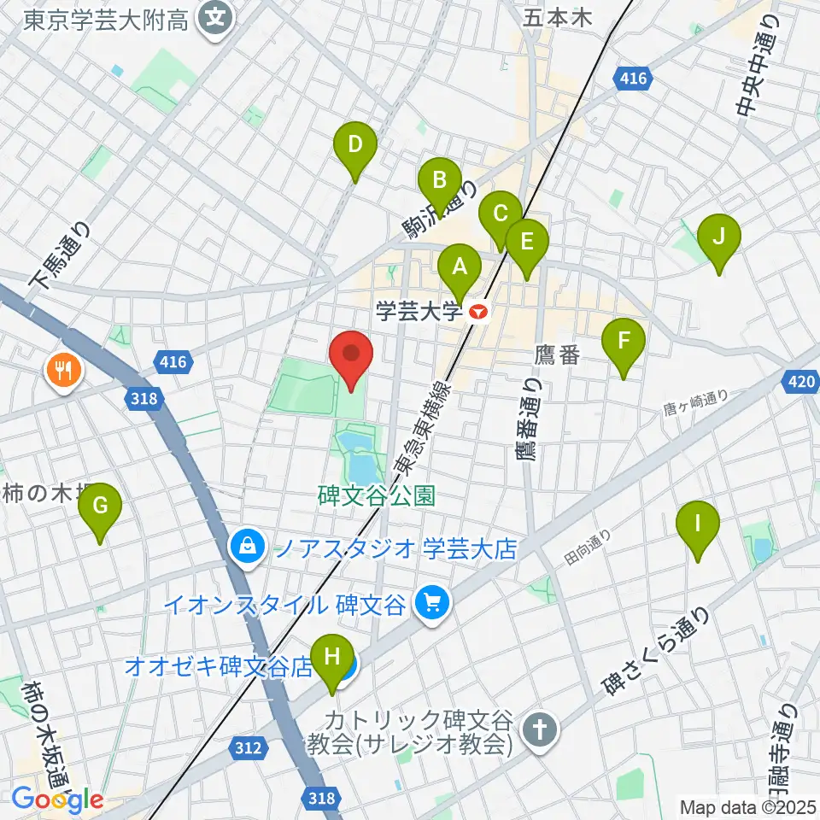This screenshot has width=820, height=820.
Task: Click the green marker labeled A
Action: pos(460,266)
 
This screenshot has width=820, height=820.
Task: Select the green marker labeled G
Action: pos(100,507)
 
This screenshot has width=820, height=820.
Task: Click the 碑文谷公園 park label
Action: pos(377,495)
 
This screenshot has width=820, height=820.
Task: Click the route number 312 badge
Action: pos(247,748)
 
